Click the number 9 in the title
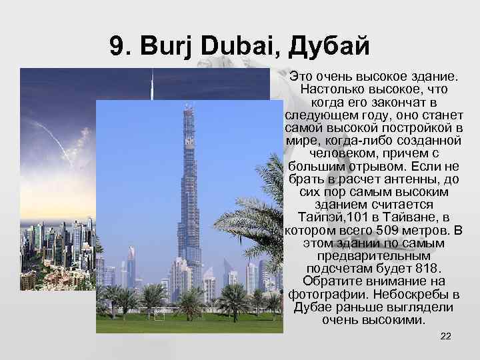[x=117, y=47]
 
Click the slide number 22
[x=446, y=335]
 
